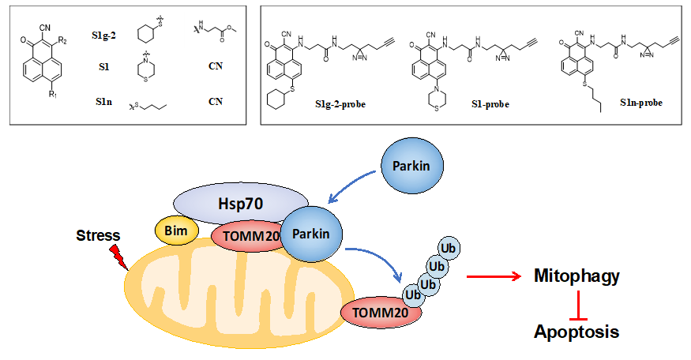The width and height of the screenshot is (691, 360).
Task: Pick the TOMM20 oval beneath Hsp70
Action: pyautogui.click(x=246, y=237)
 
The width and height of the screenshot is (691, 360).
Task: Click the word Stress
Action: pyautogui.click(x=100, y=235)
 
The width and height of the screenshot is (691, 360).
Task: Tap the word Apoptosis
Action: pyautogui.click(x=576, y=332)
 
